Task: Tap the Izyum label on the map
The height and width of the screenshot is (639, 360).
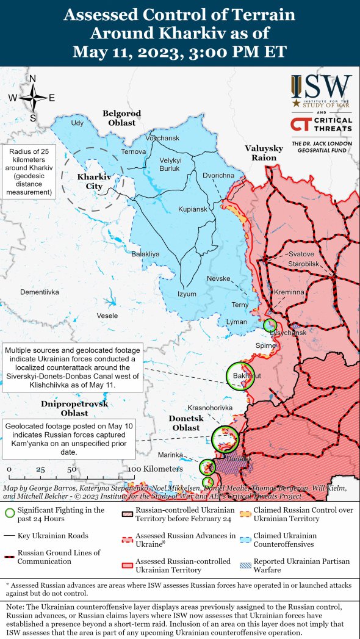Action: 187,294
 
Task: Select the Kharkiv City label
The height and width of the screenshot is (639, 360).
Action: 94,181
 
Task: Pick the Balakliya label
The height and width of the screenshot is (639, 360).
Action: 145,253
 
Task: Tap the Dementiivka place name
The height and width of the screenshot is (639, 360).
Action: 40,292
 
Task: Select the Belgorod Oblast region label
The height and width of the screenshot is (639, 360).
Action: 122,118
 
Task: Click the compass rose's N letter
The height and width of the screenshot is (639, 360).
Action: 33,79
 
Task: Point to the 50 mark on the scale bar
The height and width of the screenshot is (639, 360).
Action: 71,470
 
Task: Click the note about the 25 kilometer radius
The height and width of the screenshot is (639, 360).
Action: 28,171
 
